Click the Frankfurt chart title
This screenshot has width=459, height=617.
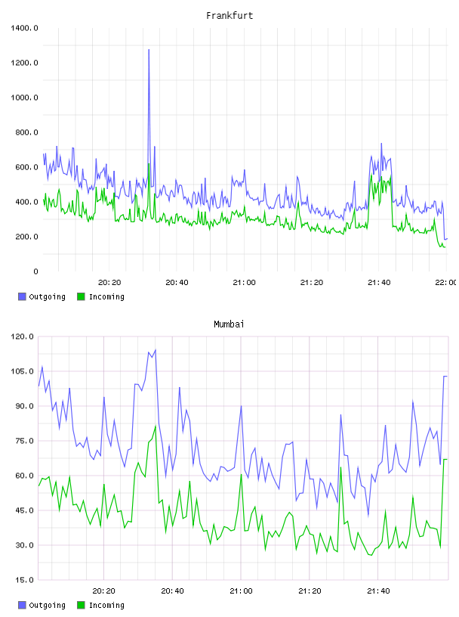point(229,16)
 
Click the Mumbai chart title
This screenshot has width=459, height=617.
point(229,324)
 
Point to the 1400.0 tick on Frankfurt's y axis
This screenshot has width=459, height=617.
point(24,28)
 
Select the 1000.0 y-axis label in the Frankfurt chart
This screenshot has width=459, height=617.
point(24,98)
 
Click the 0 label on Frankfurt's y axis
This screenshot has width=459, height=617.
point(35,271)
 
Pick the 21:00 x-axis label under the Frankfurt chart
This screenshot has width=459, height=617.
point(244,283)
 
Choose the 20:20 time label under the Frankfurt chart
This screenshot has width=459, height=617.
point(109,283)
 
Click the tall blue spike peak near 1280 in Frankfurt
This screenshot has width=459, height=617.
point(149,50)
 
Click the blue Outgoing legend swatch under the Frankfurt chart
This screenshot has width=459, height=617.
point(22,296)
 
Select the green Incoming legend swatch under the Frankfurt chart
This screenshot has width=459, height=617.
point(81,296)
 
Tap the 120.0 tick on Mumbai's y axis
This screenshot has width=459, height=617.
point(22,336)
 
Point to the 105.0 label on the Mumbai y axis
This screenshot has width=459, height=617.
point(22,371)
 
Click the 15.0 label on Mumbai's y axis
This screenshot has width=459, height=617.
point(24,580)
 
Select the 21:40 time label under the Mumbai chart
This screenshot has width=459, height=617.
point(378,591)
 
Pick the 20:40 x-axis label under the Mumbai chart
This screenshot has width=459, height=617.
point(173,591)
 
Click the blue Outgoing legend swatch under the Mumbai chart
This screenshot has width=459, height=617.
point(22,605)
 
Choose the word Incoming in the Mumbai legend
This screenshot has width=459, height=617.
point(106,605)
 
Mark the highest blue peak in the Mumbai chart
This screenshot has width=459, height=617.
point(156,349)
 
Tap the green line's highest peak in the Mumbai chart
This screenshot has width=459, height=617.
point(156,426)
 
